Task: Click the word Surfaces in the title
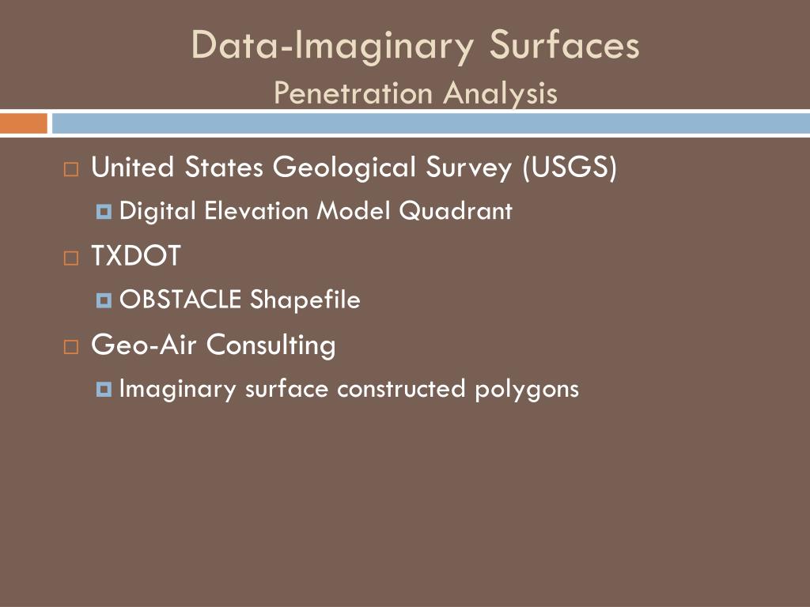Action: pyautogui.click(x=564, y=45)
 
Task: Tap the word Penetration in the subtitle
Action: pyautogui.click(x=354, y=93)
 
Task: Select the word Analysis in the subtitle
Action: pyautogui.click(x=500, y=93)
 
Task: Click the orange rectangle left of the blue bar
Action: pyautogui.click(x=23, y=123)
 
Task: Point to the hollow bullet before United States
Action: pyautogui.click(x=71, y=169)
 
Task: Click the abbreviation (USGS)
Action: pyautogui.click(x=569, y=168)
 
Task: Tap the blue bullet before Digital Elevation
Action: pyautogui.click(x=104, y=212)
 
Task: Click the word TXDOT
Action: pyautogui.click(x=136, y=257)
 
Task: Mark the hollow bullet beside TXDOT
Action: pyautogui.click(x=71, y=258)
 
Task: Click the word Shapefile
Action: pyautogui.click(x=305, y=300)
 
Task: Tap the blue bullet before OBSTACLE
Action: pyautogui.click(x=104, y=300)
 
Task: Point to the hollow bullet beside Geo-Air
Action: pyautogui.click(x=71, y=346)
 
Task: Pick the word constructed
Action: pyautogui.click(x=402, y=389)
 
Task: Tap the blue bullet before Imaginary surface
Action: pyautogui.click(x=104, y=390)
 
